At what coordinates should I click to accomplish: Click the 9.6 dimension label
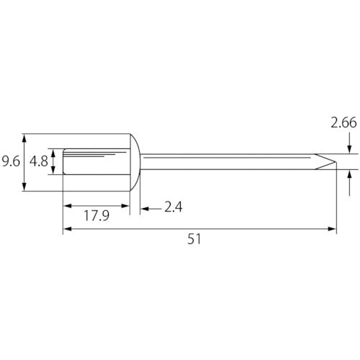pyautogui.click(x=11, y=161)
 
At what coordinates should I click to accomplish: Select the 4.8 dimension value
pyautogui.click(x=39, y=161)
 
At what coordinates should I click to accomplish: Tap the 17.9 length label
pyautogui.click(x=96, y=215)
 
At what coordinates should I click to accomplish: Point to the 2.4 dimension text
pyautogui.click(x=174, y=207)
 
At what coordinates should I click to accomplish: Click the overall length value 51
pyautogui.click(x=194, y=239)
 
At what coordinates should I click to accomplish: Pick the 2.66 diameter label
pyautogui.click(x=343, y=122)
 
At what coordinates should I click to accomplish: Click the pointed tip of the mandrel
pyautogui.click(x=336, y=161)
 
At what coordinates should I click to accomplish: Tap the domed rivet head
pyautogui.click(x=135, y=162)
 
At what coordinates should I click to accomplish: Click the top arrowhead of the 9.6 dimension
pyautogui.click(x=24, y=138)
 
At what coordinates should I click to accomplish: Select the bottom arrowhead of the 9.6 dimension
pyautogui.click(x=24, y=186)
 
